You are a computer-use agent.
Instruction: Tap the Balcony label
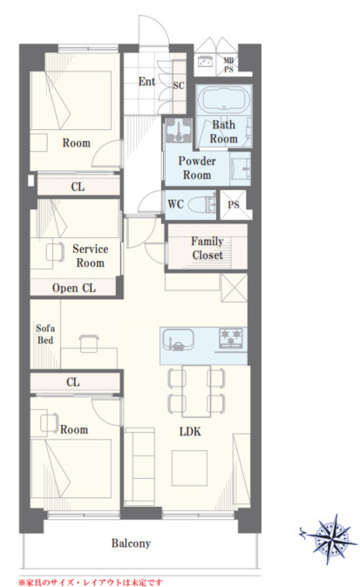tap(131, 543)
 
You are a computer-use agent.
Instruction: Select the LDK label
tap(190, 432)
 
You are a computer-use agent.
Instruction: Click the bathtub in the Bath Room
tap(224, 99)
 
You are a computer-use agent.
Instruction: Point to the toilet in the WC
tap(202, 205)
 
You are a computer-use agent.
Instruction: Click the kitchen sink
tap(178, 339)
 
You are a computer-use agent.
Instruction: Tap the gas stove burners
tap(231, 337)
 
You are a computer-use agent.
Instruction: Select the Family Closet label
tap(207, 249)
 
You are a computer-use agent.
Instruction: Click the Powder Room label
tap(197, 168)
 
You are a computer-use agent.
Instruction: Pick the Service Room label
tap(90, 256)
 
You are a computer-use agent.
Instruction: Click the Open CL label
tap(74, 288)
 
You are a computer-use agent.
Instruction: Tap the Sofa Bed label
tap(45, 334)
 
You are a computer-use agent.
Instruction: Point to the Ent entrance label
tap(146, 82)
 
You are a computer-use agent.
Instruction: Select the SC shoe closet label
tap(179, 85)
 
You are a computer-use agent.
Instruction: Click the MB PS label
tap(228, 65)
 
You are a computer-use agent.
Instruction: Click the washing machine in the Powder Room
tap(179, 130)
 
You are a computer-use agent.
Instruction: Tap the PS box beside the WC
tap(233, 205)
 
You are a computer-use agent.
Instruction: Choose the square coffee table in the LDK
tap(190, 468)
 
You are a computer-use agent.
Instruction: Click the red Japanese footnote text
tap(90, 583)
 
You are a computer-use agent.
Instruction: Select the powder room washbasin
tap(241, 169)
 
